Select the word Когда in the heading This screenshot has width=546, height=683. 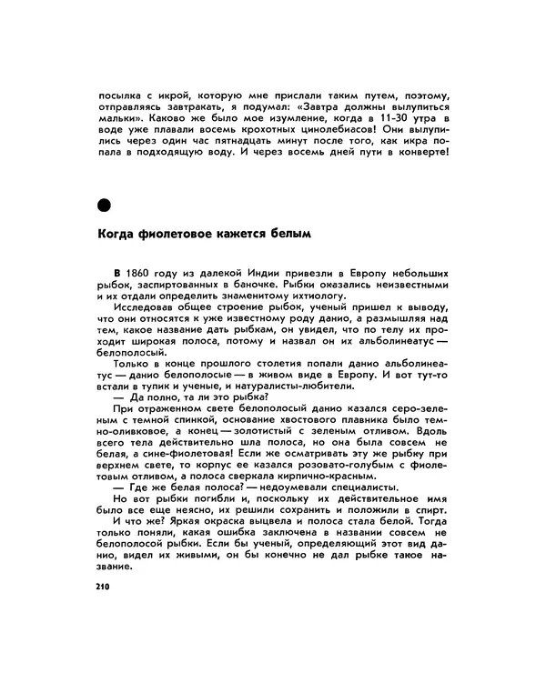118,234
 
